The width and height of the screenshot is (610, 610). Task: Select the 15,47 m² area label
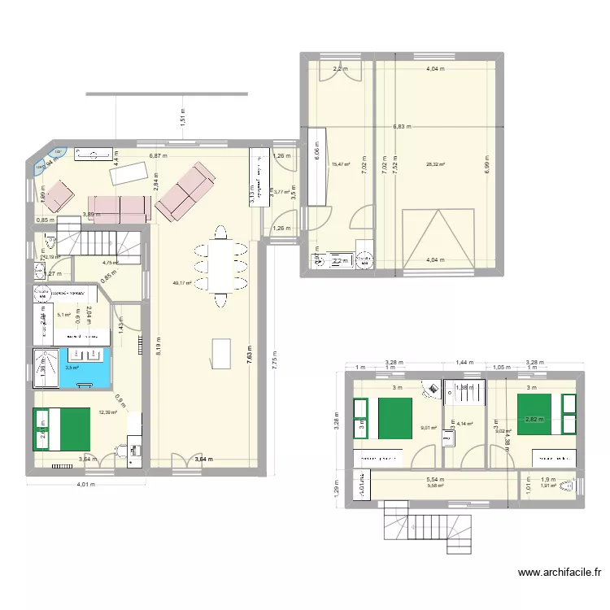click(340, 164)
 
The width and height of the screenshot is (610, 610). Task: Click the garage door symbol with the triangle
click(437, 237)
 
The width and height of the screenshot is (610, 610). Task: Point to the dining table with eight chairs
click(220, 265)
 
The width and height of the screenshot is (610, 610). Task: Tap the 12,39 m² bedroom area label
click(108, 412)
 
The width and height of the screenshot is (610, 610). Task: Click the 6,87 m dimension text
click(158, 155)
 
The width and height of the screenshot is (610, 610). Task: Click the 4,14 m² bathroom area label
click(464, 424)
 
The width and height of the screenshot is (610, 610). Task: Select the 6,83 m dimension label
click(402, 127)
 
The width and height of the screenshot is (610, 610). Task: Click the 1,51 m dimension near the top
click(183, 118)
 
